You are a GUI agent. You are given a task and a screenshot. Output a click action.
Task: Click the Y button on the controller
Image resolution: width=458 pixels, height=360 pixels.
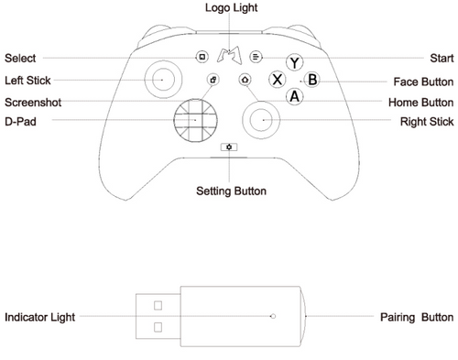point(293,63)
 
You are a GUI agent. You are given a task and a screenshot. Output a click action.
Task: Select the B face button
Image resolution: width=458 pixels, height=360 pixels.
point(311,80)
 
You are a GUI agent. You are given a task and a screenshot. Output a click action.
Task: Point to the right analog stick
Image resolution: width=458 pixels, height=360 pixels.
point(261,118)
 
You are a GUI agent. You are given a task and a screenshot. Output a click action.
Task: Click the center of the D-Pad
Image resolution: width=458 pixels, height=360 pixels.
point(196,118)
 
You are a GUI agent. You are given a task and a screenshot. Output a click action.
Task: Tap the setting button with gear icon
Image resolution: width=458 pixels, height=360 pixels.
point(228,146)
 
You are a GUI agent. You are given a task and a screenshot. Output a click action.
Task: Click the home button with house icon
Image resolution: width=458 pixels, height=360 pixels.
point(245,80)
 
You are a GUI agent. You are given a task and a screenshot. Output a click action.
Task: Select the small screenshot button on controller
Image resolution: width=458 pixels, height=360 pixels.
point(213,80)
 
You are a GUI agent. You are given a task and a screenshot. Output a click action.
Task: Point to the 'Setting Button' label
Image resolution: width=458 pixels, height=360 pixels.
point(232,191)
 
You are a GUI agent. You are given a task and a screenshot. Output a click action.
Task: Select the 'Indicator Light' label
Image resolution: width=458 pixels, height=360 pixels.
point(39,317)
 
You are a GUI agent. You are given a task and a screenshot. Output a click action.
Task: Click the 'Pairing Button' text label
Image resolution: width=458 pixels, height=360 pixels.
point(416,317)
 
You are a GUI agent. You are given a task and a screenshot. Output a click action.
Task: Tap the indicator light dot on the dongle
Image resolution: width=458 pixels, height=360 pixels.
point(273,317)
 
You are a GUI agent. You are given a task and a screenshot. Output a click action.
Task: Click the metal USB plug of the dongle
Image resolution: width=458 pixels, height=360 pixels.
point(158,316)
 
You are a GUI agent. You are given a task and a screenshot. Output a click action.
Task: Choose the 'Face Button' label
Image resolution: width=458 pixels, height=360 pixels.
point(423,81)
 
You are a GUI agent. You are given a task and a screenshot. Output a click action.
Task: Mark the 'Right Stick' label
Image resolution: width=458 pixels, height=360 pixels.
point(427,120)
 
